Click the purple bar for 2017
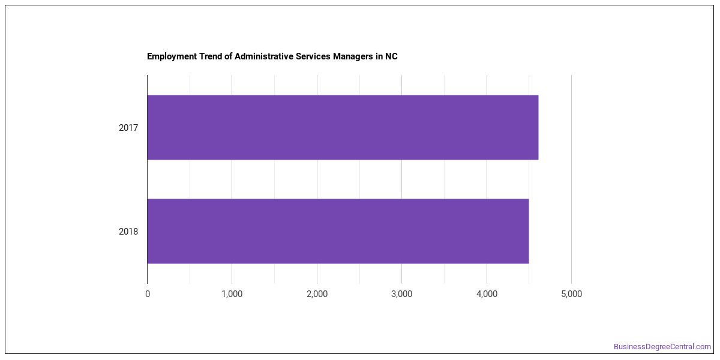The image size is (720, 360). tap(343, 127)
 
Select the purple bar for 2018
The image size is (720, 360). tap(338, 231)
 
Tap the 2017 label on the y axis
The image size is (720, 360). tap(128, 128)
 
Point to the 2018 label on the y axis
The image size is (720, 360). tap(128, 232)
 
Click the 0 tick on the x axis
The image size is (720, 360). tap(148, 294)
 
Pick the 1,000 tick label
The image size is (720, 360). tap(232, 294)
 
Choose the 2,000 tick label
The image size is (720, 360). tap(317, 294)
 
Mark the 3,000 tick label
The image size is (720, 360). tap(402, 294)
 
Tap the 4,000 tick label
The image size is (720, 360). tap(487, 294)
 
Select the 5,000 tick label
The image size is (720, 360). tap(571, 294)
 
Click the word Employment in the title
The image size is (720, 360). tap(172, 56)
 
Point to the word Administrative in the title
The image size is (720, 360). tap(263, 56)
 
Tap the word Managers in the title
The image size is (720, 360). tap(353, 56)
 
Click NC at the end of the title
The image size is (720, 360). tap(391, 56)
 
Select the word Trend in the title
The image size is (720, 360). tap(210, 56)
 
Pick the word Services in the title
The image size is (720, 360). tap(313, 56)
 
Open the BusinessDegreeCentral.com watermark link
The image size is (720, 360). tap(662, 347)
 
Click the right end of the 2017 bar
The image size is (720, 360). tap(538, 127)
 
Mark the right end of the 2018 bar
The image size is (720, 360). tap(529, 231)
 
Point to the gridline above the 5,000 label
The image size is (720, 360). tap(571, 179)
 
